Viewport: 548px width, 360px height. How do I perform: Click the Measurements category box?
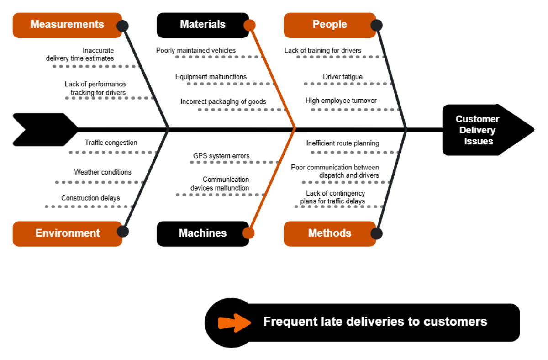pos(67,25)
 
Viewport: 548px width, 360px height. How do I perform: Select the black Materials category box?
pos(203,25)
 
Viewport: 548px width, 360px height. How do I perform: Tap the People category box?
pos(330,25)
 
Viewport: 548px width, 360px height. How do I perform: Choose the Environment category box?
pos(67,233)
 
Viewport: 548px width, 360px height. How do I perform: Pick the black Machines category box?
pos(203,233)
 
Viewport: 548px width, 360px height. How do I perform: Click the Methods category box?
pos(330,233)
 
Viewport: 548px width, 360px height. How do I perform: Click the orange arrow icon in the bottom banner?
pos(234,322)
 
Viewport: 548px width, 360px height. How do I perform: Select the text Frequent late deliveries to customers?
pos(375,322)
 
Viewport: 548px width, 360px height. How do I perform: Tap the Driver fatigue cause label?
pos(342,77)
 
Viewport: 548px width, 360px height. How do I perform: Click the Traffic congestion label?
pos(111,143)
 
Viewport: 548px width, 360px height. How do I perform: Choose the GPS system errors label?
pos(221,156)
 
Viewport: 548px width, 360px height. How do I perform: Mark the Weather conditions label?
pos(103,172)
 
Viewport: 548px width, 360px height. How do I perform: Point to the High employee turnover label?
pos(341,101)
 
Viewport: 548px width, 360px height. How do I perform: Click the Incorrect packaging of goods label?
pos(223,101)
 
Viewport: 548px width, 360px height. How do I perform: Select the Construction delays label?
pos(90,198)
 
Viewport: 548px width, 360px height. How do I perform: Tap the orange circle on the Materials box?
pos(249,25)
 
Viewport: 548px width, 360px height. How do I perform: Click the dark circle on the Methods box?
pos(376,233)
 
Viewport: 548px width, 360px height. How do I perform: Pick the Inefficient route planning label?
pos(342,143)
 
